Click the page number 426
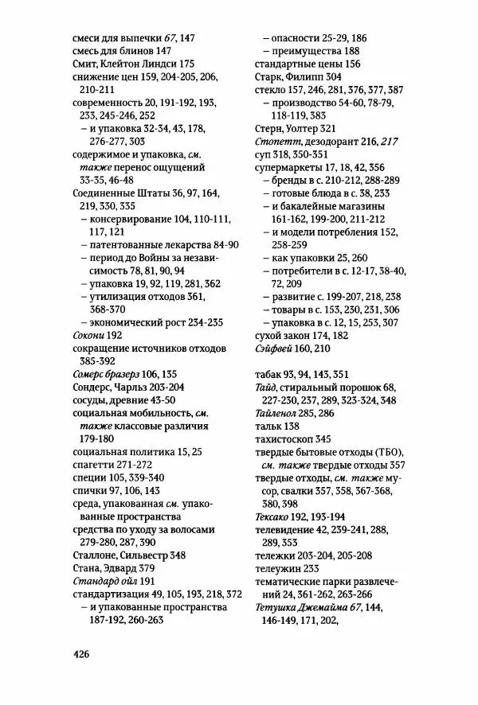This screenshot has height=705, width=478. click(x=79, y=654)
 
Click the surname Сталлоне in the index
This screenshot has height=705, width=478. click(x=97, y=555)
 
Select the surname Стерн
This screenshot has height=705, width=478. click(x=270, y=128)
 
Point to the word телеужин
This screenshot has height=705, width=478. click(x=277, y=568)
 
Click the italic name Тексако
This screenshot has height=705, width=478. click(x=274, y=516)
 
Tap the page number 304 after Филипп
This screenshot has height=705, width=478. click(x=354, y=76)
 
